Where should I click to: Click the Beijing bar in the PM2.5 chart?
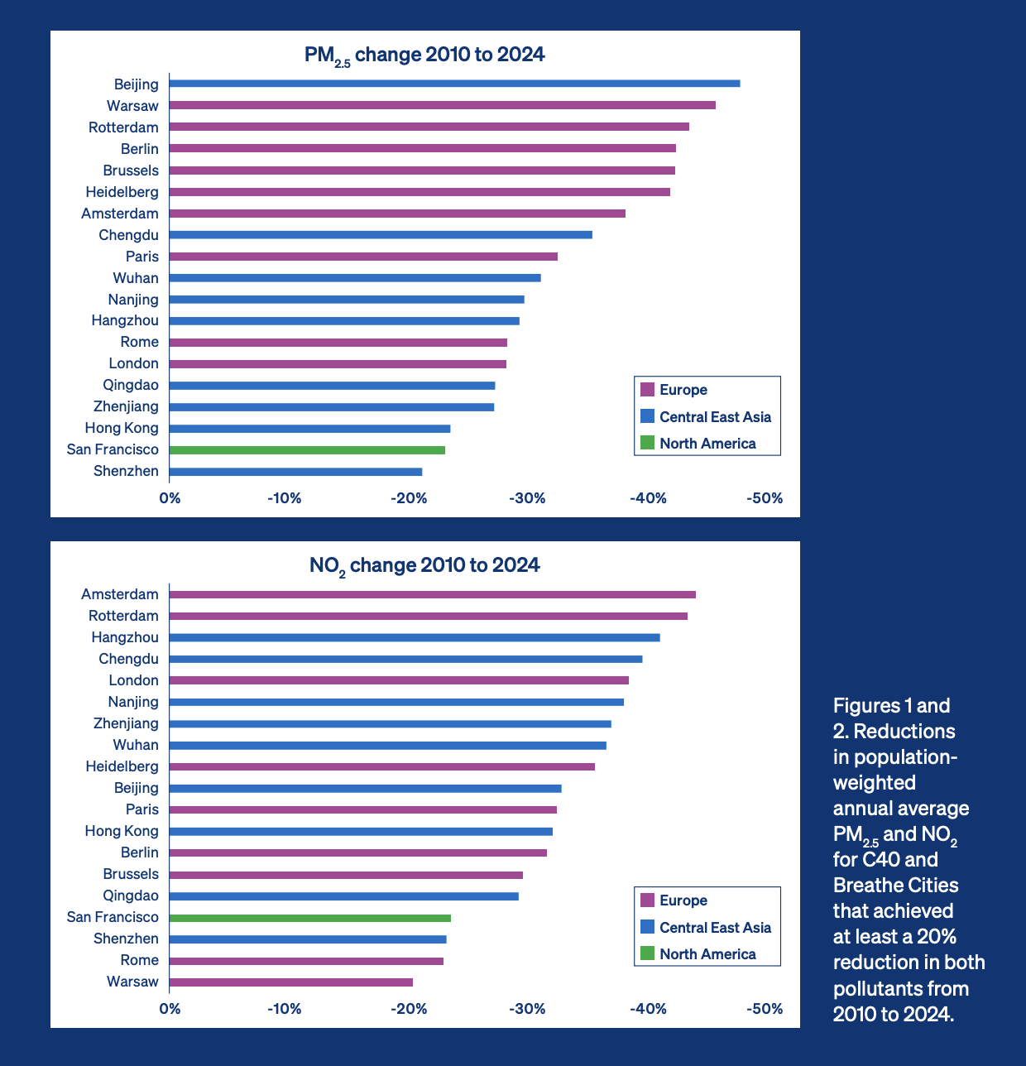click(454, 84)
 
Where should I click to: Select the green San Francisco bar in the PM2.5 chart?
click(307, 450)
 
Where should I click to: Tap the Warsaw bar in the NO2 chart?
click(291, 982)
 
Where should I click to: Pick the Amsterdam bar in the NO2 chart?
click(432, 594)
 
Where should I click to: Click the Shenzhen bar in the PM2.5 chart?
click(295, 472)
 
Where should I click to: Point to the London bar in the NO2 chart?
click(399, 680)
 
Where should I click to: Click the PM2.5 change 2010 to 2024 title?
click(424, 55)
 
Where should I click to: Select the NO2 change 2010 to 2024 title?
click(424, 565)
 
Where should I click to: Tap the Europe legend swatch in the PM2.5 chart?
click(648, 390)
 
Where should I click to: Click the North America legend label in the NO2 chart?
click(707, 954)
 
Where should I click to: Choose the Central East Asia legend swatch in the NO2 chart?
click(648, 927)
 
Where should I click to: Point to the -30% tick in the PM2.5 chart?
click(528, 498)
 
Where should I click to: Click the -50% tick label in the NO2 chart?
click(765, 1009)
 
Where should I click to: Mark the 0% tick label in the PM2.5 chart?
click(170, 498)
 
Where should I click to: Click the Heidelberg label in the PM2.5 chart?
click(122, 192)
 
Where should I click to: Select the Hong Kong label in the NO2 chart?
click(122, 831)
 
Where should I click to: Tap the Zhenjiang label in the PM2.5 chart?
click(126, 406)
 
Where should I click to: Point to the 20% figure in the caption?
click(936, 936)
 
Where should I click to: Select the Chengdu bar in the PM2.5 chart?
click(381, 235)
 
